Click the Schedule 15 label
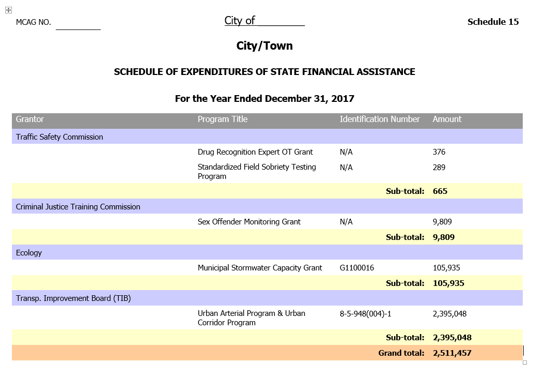493,22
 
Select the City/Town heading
264,46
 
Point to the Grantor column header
30,119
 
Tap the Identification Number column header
380,119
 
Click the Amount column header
447,119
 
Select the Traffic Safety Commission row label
59,137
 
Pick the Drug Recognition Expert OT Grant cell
255,152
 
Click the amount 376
439,152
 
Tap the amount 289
439,168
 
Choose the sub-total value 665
440,191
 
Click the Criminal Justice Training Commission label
78,207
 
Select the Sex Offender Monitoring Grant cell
249,222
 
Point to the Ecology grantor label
29,253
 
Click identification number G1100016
357,268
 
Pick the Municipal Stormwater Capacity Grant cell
260,268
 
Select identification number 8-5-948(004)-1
369,314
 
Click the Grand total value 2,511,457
452,353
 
